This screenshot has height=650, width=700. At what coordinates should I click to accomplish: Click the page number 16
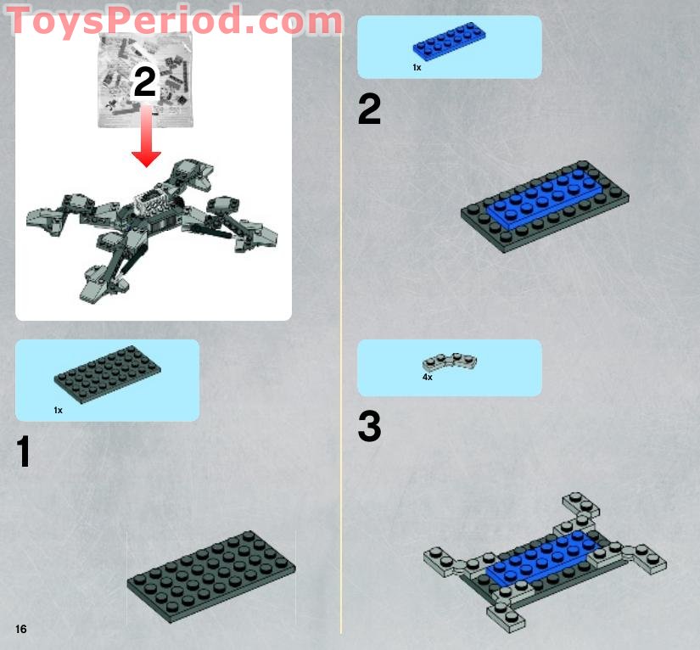tap(20, 629)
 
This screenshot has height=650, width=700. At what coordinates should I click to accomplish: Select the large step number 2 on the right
tap(369, 110)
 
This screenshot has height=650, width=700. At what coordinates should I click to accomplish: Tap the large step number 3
tap(369, 427)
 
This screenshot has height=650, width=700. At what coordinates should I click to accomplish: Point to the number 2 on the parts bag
tap(145, 83)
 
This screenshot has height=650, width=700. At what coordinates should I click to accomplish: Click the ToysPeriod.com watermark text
tap(174, 21)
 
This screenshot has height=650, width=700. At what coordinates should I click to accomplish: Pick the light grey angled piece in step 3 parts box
tap(450, 362)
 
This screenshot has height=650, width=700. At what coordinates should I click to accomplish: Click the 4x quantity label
tap(427, 377)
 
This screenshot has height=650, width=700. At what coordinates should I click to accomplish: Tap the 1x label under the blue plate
tap(417, 67)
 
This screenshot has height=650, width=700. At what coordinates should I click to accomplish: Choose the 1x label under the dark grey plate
tap(58, 410)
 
